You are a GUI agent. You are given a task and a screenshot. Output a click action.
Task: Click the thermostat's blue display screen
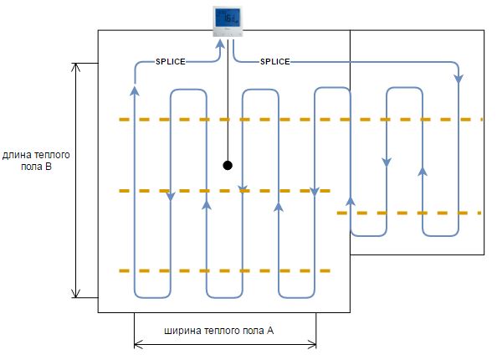[228, 18]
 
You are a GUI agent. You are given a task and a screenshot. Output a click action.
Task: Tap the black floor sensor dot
[228, 165]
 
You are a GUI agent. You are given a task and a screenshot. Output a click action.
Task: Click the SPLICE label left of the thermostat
[171, 61]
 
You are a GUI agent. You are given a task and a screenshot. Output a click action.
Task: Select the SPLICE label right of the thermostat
[275, 61]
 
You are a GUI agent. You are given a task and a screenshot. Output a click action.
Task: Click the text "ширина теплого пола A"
[218, 331]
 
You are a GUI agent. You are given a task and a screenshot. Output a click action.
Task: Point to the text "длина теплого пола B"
[36, 161]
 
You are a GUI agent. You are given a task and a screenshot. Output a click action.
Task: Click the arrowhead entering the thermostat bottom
[220, 44]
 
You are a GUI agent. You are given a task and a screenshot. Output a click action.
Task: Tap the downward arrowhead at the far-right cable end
[459, 79]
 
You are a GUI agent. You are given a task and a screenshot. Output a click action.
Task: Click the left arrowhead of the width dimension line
[139, 344]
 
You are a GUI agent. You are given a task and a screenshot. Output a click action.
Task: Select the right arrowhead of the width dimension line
[312, 344]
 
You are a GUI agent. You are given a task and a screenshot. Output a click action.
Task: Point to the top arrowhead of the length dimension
[75, 67]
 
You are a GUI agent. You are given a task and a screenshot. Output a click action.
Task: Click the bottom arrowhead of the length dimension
[75, 293]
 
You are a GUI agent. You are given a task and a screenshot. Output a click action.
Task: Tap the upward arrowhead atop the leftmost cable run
[135, 90]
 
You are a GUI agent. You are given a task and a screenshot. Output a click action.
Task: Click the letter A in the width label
[270, 331]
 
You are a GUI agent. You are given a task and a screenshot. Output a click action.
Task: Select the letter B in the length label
[49, 167]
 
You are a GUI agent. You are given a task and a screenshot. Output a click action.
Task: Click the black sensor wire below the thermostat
[228, 99]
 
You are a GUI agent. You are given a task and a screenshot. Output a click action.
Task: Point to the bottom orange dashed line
[225, 271]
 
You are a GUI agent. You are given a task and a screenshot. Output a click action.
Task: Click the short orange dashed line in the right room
[409, 213]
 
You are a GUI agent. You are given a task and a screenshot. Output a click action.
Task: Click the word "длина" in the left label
[17, 155]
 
